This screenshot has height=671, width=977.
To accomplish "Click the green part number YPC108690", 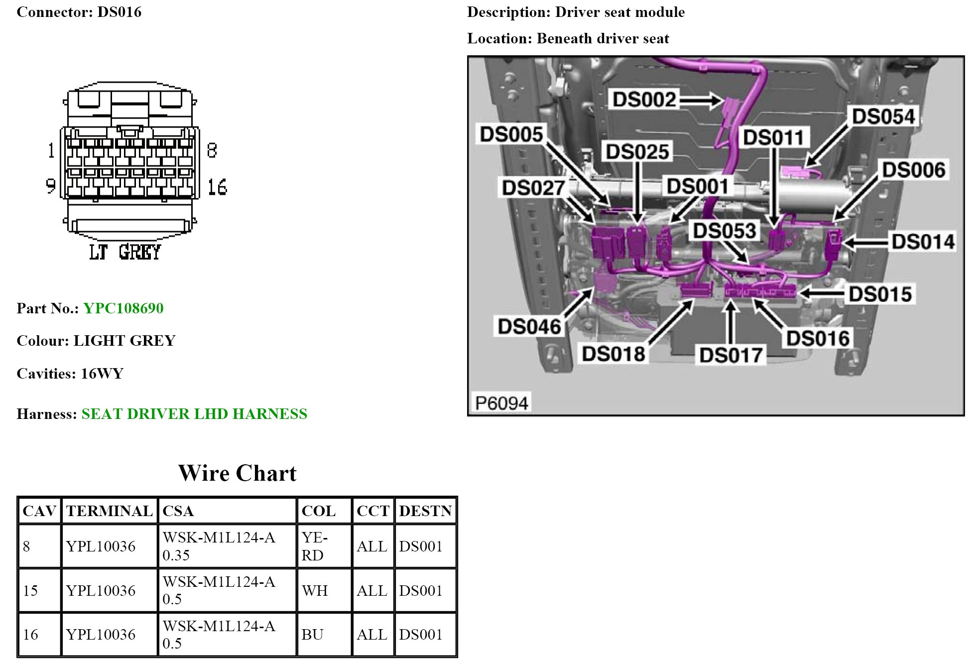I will (x=123, y=308).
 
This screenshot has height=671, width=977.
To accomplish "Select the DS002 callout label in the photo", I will (x=644, y=100).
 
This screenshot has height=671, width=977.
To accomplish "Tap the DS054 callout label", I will (x=883, y=117).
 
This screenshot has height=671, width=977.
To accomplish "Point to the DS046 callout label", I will (x=529, y=327).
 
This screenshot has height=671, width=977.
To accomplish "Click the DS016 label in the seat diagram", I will (x=818, y=339).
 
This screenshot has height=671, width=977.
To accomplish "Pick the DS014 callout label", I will (x=923, y=242).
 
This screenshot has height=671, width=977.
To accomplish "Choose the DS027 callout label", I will (x=533, y=188).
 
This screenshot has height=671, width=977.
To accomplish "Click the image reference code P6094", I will (x=501, y=403).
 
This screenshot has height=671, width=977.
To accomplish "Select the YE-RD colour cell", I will (x=314, y=546).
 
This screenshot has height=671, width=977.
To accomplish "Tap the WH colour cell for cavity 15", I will (x=315, y=590).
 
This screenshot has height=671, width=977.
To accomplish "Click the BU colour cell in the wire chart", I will (x=312, y=634).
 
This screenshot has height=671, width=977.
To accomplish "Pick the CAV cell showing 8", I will (x=27, y=546).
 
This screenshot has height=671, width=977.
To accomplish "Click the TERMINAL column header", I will (x=109, y=511).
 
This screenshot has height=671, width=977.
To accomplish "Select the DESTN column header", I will (x=425, y=511).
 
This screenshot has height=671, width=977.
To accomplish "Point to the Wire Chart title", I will (x=237, y=473).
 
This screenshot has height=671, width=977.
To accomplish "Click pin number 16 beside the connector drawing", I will (x=217, y=187).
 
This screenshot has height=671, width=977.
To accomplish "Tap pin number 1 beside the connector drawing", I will (x=51, y=150).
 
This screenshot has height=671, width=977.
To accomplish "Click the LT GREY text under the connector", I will (x=125, y=252).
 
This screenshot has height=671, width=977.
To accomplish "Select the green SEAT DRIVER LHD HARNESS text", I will (x=194, y=414).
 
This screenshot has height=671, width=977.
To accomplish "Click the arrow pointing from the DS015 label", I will (x=822, y=293).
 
